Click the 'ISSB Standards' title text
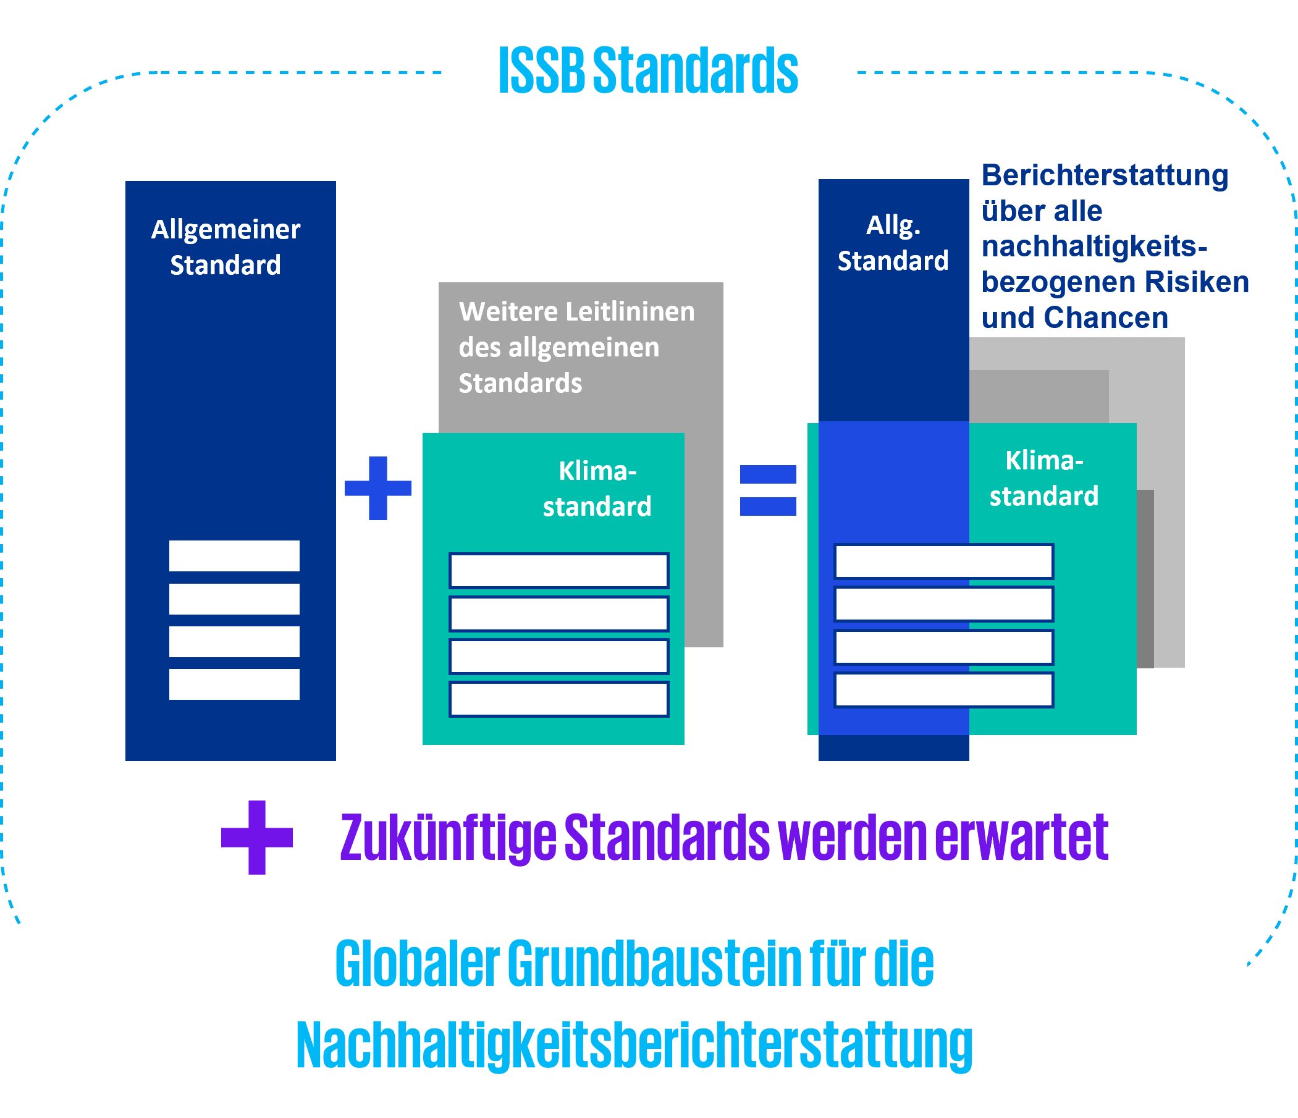tap(647, 70)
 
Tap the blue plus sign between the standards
tap(377, 488)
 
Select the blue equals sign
tap(767, 490)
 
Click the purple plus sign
tap(257, 837)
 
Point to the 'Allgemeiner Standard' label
tap(225, 247)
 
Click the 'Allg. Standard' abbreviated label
tap(893, 243)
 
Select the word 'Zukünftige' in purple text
tap(448, 838)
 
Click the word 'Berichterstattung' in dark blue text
tap(1105, 175)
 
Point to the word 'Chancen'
tap(1106, 317)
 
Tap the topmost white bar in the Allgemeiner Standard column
tap(234, 555)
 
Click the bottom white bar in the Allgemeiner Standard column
tap(234, 684)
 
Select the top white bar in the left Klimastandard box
tap(558, 571)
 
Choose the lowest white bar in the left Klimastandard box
tap(558, 699)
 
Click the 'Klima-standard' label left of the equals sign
tap(597, 489)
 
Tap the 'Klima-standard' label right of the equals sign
tap(1043, 479)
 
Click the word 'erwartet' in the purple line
tap(1021, 838)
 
